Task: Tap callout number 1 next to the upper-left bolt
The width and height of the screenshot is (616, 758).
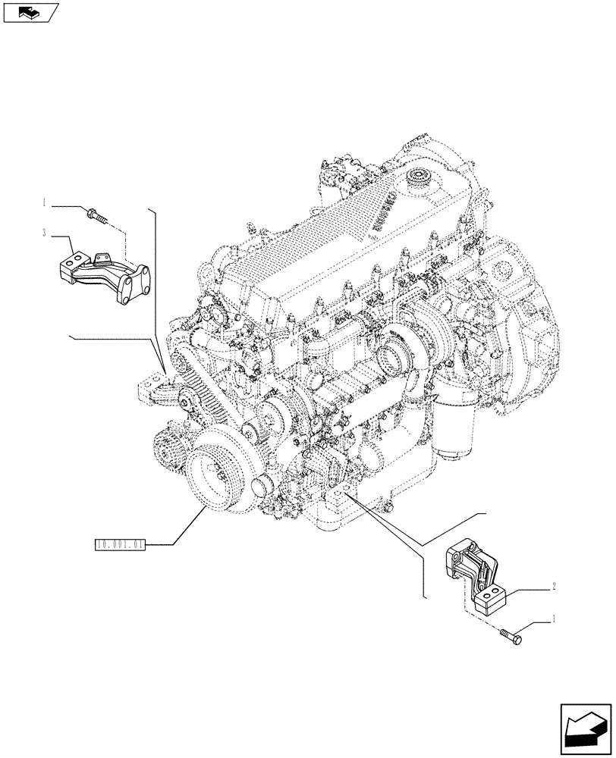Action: [x=46, y=203]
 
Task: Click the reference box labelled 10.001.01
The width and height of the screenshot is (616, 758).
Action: [x=119, y=543]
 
